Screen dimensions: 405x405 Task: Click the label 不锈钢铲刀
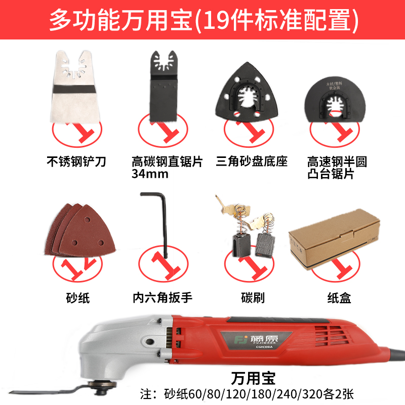(x=75, y=162)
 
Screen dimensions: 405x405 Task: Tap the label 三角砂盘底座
(x=251, y=162)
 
